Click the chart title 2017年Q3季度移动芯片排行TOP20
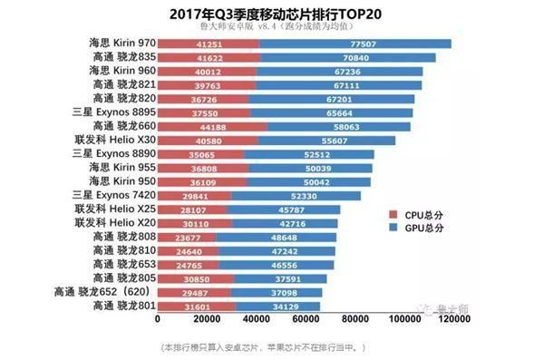point(271,14)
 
